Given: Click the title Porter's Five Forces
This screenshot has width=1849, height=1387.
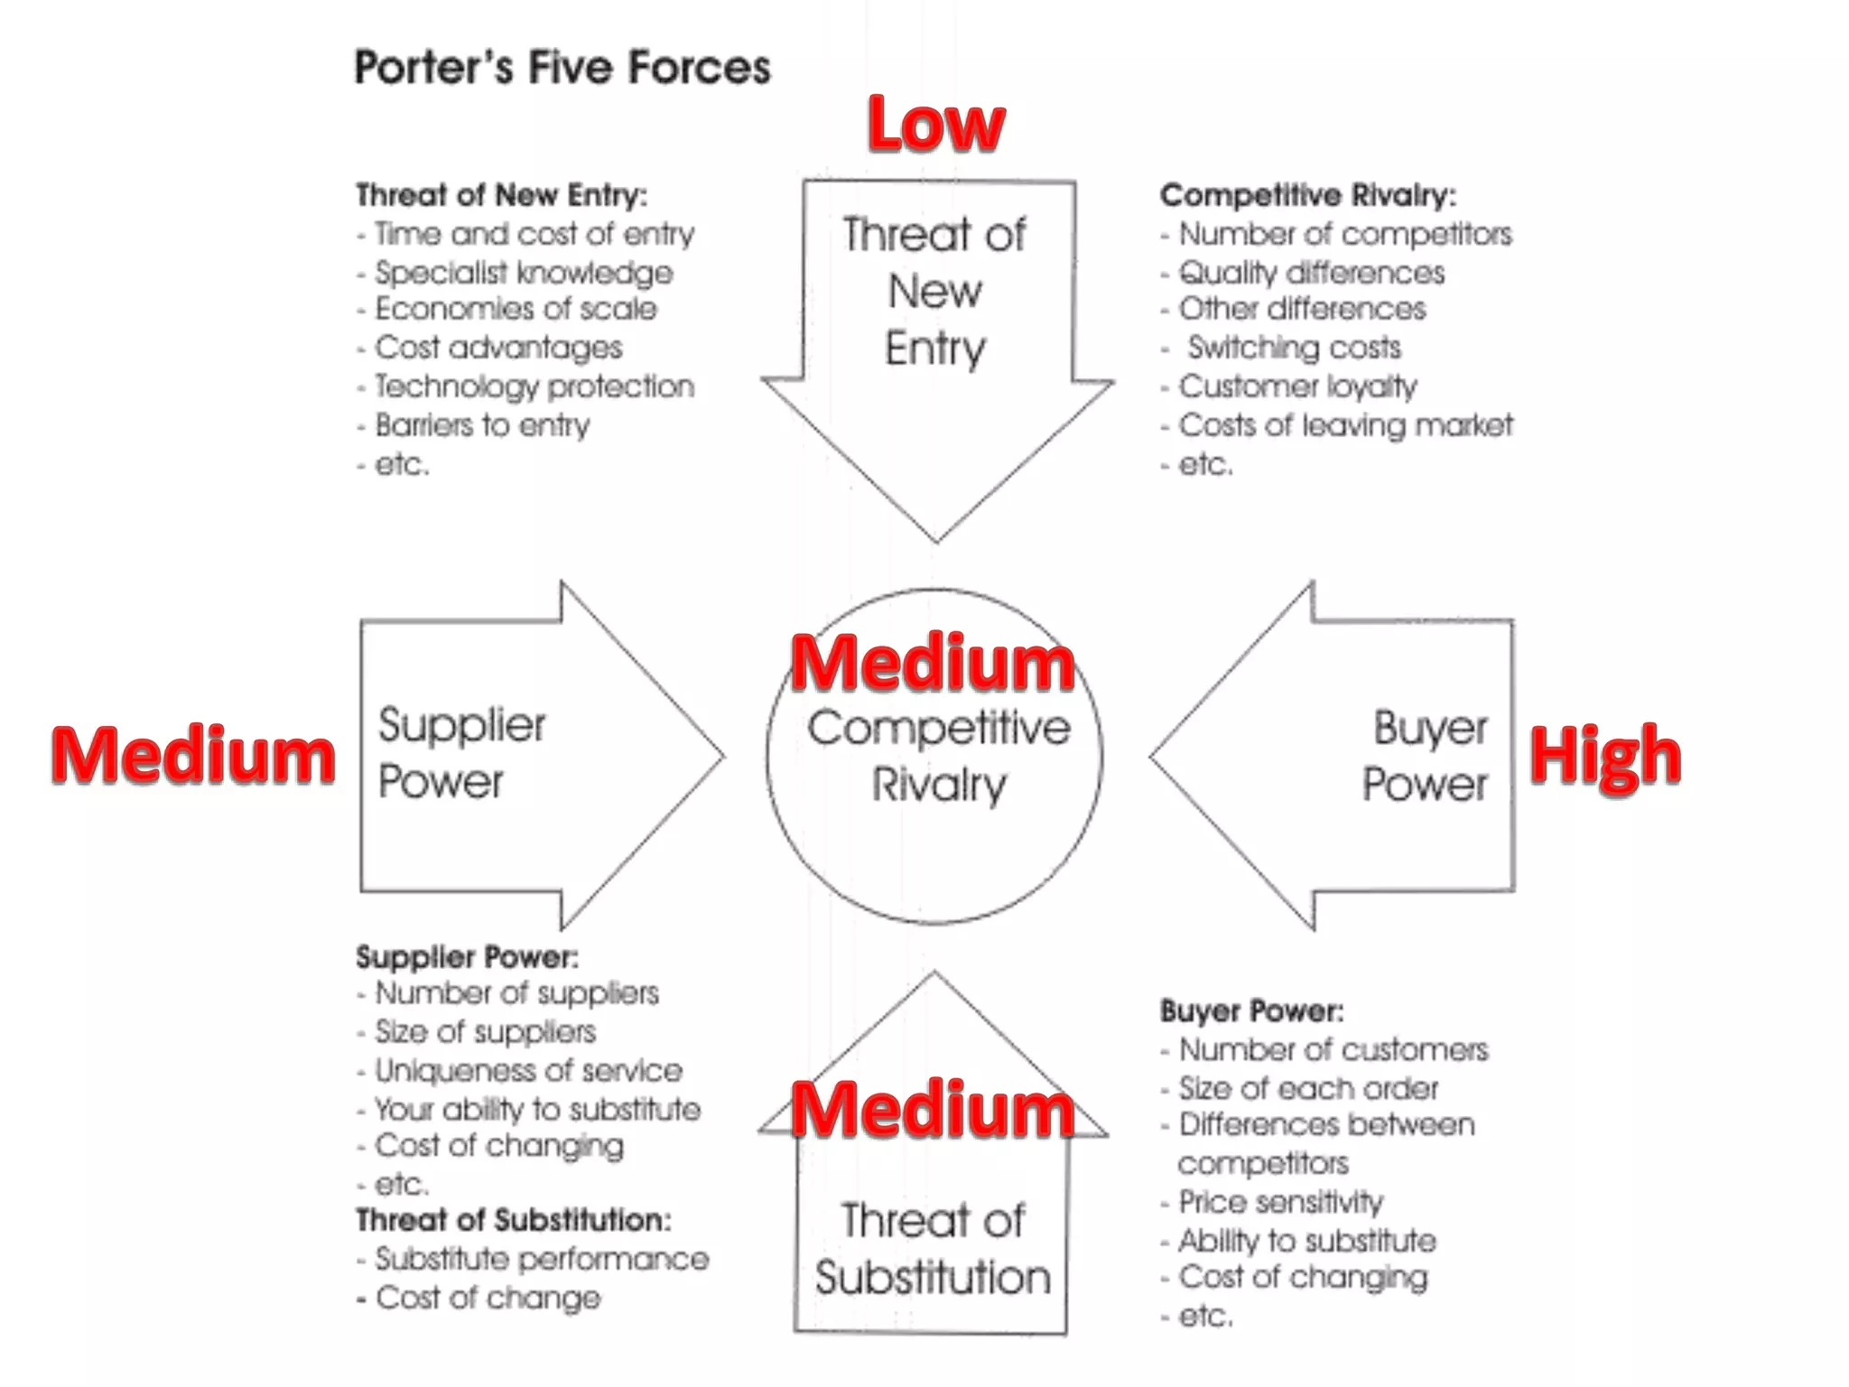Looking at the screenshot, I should point(562,68).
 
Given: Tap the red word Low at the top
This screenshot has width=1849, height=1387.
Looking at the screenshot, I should point(935,125).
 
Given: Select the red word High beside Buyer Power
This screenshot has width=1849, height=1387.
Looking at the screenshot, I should point(1605,757).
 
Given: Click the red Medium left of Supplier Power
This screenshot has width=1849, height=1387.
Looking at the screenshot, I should point(193,755).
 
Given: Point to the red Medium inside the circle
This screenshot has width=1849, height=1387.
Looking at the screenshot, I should point(934,664).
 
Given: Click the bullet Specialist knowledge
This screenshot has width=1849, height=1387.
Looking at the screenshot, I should point(524,273).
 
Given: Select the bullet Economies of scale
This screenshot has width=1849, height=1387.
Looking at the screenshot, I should point(516,309).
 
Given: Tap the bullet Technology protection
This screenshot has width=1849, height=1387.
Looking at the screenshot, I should point(534,386).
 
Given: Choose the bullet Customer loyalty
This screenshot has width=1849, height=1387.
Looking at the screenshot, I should point(1297,386).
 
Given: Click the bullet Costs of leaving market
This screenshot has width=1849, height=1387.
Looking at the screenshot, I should point(1345,425).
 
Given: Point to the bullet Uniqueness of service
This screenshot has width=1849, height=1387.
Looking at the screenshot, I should point(528,1071).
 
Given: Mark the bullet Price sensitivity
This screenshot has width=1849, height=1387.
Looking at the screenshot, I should point(1280,1202).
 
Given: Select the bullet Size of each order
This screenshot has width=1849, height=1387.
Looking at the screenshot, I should point(1308,1088).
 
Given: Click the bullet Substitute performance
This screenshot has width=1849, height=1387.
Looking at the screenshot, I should point(542,1259).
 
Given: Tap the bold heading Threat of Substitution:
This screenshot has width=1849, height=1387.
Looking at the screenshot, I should point(514,1220).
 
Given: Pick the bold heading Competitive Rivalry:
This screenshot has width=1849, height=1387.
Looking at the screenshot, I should point(1308,195).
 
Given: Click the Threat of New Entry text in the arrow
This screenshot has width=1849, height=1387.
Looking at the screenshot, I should point(935,291).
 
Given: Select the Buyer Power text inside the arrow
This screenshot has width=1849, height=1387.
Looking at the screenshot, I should point(1426,756).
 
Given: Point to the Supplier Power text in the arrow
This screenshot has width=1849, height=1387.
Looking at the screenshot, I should point(461,753).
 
